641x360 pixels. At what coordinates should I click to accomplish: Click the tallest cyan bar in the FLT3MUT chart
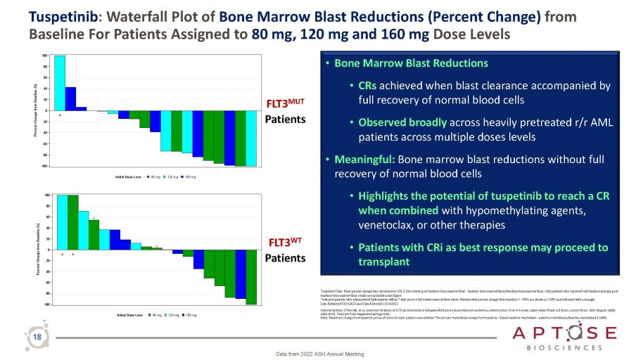point(60,82)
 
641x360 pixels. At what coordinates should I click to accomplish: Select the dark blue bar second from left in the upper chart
point(70,98)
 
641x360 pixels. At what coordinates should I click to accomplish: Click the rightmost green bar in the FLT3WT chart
point(250,276)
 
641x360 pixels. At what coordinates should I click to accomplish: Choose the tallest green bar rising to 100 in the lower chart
point(72,222)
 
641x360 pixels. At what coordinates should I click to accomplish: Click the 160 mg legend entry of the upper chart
point(191,176)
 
